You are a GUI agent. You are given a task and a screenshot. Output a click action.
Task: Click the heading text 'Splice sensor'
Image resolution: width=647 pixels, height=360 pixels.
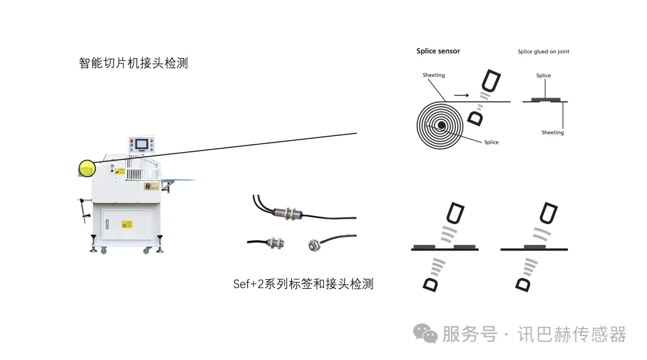pyautogui.click(x=438, y=52)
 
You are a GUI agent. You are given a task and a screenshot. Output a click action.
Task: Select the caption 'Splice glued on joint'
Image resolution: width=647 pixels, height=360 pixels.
pyautogui.click(x=543, y=52)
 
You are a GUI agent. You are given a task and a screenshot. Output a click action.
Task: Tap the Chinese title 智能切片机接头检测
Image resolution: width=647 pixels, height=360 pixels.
pyautogui.click(x=133, y=63)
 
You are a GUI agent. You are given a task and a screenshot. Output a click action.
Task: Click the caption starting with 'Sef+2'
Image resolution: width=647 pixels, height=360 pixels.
pyautogui.click(x=303, y=284)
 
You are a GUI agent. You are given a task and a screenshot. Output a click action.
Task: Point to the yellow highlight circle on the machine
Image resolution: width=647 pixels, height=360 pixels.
pyautogui.click(x=87, y=168)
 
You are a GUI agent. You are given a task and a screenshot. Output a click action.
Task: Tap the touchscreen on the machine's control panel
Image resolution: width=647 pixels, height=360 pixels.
pyautogui.click(x=141, y=144)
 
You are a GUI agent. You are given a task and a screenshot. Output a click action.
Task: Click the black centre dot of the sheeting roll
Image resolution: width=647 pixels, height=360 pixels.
pyautogui.click(x=441, y=125)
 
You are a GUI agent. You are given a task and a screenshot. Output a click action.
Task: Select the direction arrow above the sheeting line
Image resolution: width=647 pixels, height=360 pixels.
pyautogui.click(x=462, y=95)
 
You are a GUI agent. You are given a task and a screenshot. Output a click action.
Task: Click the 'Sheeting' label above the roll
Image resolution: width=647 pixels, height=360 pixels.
pyautogui.click(x=434, y=75)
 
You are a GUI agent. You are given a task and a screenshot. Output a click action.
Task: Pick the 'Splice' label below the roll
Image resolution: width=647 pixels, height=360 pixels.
pyautogui.click(x=491, y=143)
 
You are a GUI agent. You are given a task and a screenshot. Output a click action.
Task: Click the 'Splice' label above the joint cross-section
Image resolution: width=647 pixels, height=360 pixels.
pyautogui.click(x=543, y=76)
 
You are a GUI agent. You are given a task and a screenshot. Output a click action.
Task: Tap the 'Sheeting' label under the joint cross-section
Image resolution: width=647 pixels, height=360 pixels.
pyautogui.click(x=552, y=133)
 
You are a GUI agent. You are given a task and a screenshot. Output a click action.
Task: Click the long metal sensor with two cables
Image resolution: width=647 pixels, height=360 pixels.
pyautogui.click(x=288, y=211)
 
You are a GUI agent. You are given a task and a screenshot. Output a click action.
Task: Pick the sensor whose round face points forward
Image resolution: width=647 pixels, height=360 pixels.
pyautogui.click(x=313, y=244)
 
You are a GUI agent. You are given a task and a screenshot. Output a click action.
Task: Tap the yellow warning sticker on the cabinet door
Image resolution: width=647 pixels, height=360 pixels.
pyautogui.click(x=126, y=225)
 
